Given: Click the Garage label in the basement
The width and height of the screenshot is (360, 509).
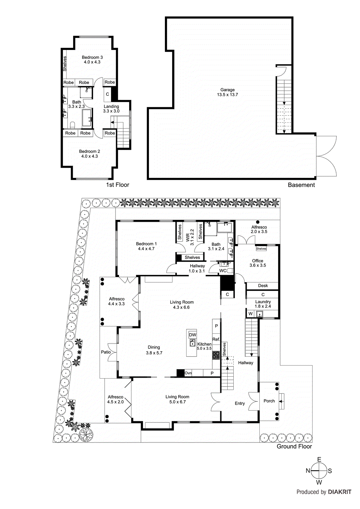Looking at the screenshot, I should click(227, 90).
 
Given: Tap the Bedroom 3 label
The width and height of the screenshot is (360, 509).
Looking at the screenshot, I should click(92, 58).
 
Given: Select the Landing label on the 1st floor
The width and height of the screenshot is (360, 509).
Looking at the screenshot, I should click(111, 107).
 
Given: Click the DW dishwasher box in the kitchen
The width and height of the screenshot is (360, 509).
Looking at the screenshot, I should click(193, 335).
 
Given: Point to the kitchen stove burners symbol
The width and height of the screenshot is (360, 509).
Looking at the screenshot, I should click(216, 355).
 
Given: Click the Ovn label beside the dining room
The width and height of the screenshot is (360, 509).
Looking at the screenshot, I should click(188, 373).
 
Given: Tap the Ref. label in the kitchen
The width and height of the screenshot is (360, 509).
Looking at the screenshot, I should click(216, 339).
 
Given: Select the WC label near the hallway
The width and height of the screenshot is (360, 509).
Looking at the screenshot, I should click(223, 271).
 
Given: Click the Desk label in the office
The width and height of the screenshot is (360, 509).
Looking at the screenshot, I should click(263, 286).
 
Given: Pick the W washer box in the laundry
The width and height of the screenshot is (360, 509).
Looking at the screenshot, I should click(251, 314).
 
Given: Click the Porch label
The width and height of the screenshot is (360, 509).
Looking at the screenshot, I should click(269, 401).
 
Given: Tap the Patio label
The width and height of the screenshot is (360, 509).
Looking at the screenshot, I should click(106, 352).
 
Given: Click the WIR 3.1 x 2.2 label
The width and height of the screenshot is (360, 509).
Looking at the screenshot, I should click(190, 237).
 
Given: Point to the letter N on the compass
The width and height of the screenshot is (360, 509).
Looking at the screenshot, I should click(308, 471).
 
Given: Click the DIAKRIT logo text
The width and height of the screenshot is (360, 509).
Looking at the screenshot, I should click(339, 492).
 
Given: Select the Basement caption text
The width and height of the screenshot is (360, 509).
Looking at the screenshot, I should click(301, 185).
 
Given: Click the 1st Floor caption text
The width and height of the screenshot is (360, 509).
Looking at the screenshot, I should click(117, 185).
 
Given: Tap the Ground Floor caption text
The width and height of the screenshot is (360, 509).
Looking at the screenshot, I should click(294, 446).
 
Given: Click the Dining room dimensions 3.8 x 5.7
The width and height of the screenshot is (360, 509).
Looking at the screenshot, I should click(154, 353).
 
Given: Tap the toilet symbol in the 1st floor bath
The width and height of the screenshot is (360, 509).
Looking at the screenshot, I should click(72, 124).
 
